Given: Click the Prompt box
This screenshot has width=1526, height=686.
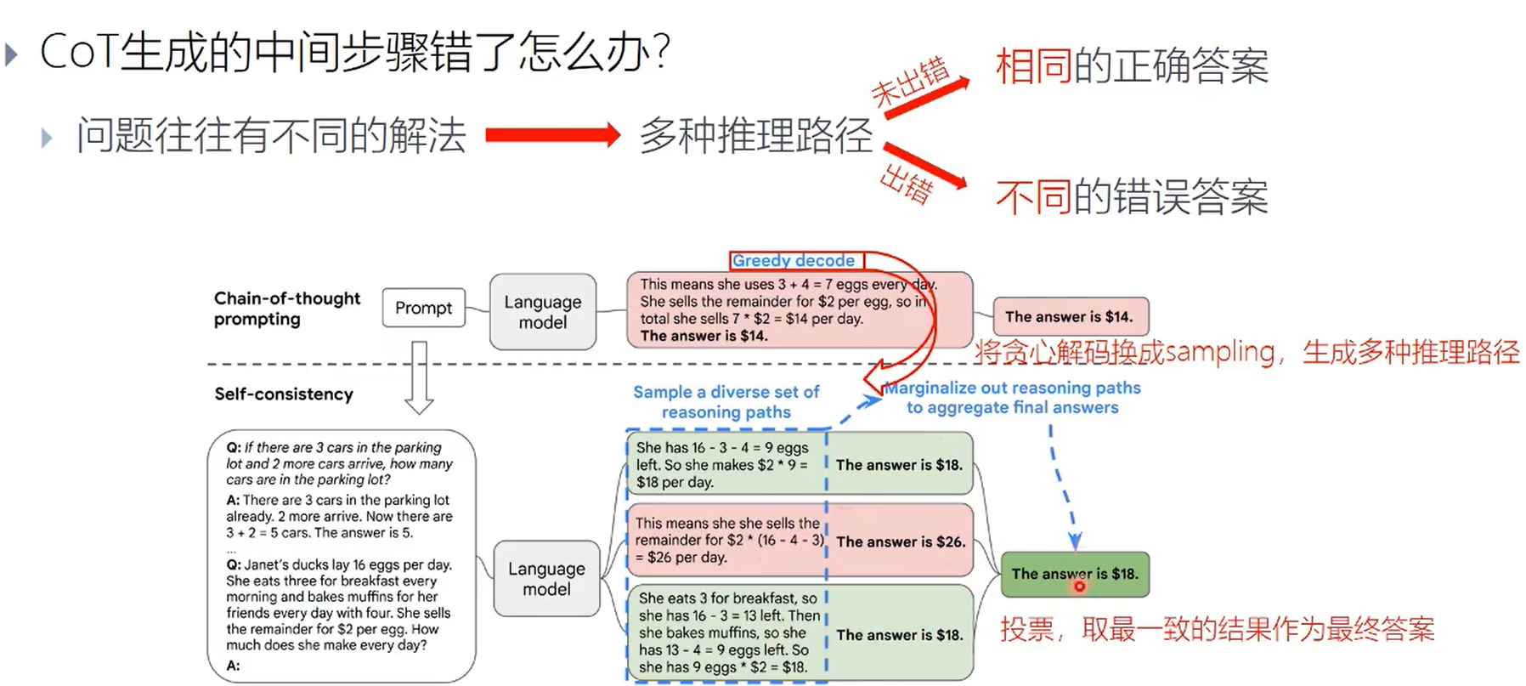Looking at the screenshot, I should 423,308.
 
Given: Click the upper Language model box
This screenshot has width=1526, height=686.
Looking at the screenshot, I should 543,312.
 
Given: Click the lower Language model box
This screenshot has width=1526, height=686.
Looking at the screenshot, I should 546,579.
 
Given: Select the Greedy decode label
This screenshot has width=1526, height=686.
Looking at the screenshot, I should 794,261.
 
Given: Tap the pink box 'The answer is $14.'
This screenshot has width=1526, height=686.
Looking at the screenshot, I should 1070,317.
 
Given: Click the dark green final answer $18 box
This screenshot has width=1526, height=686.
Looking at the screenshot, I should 1075,574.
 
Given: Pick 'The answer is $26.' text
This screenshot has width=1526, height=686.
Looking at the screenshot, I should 901,541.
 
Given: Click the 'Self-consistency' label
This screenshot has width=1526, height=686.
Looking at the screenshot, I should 284,394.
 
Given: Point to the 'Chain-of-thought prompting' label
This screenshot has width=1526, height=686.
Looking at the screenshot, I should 287,309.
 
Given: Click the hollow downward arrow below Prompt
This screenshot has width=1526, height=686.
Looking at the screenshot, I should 419,377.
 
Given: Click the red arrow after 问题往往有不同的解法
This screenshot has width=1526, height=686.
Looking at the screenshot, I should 552,135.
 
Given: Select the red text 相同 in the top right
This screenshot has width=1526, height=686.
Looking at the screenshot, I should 1033,66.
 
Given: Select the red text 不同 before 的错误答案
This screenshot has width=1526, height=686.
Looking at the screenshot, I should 1033,197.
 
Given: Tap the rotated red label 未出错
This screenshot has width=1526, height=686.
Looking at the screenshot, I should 910,82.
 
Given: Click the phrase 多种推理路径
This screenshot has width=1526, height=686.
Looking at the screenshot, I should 755,136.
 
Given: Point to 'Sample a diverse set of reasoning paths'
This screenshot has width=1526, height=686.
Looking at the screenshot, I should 726,402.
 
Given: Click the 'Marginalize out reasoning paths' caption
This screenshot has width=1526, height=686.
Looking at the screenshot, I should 1012,388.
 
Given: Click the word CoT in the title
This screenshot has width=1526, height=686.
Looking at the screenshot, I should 77,52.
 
